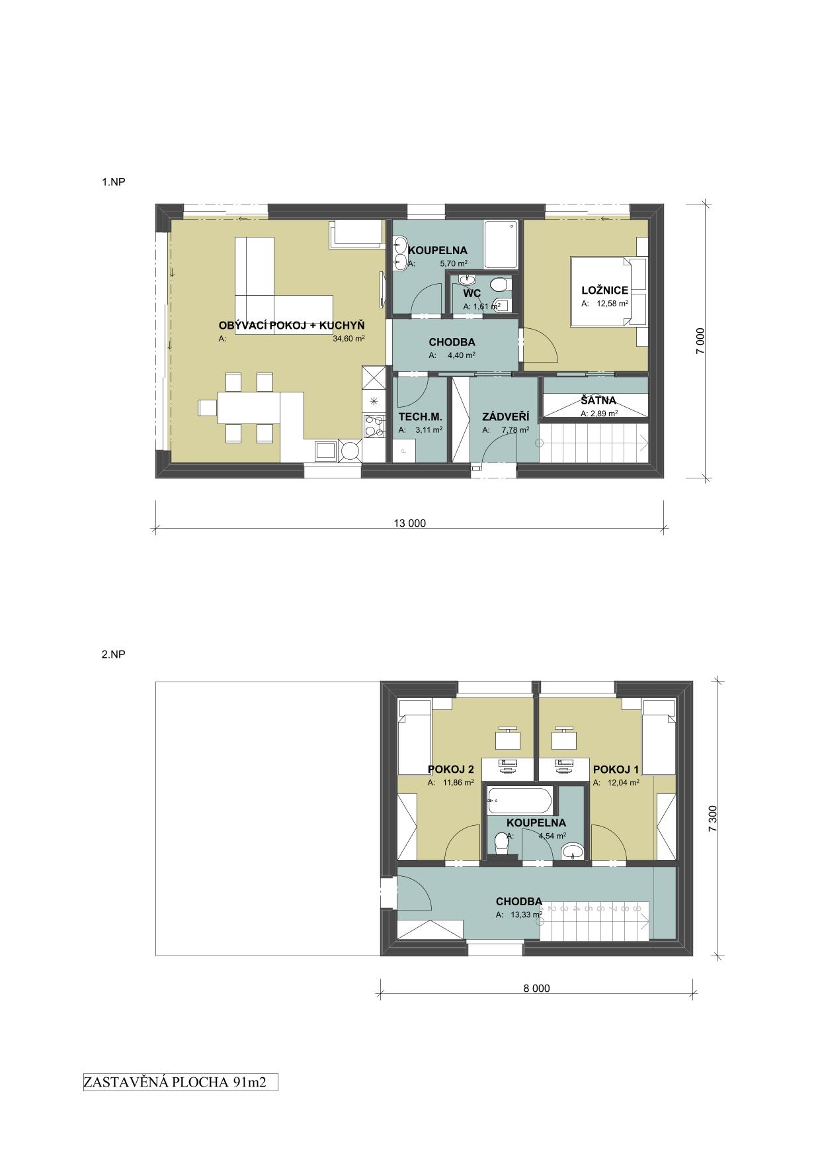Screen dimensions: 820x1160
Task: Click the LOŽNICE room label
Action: click(x=604, y=290)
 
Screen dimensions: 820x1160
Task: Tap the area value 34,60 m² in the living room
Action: click(x=349, y=338)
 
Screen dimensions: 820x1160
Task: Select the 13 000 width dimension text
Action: click(x=410, y=523)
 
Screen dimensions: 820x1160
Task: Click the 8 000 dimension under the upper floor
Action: click(x=536, y=989)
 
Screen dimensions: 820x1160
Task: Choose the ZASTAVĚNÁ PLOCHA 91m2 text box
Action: click(x=180, y=1083)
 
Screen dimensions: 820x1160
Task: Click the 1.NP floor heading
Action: click(x=113, y=181)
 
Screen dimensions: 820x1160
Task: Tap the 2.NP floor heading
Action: click(x=113, y=654)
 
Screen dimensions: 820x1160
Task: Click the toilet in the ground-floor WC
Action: click(x=500, y=285)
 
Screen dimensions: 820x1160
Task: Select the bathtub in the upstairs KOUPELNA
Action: click(x=518, y=801)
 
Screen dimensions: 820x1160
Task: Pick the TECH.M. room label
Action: click(x=420, y=417)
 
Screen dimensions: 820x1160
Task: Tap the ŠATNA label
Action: click(x=598, y=400)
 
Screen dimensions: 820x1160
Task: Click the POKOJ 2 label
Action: click(x=451, y=770)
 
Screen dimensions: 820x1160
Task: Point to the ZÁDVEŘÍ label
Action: click(x=506, y=417)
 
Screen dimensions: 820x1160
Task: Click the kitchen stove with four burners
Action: click(x=374, y=425)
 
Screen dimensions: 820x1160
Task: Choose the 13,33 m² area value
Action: click(x=526, y=915)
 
